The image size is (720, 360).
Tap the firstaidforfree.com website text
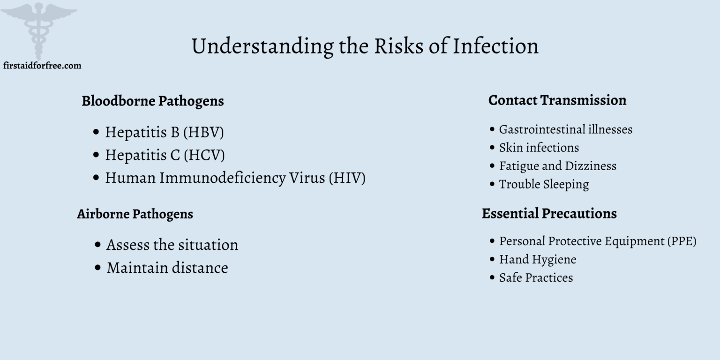click(42, 66)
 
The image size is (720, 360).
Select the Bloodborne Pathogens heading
click(153, 101)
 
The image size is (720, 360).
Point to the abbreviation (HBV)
click(203, 132)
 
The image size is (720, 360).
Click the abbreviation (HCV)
click(204, 155)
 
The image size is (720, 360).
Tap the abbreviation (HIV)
click(347, 178)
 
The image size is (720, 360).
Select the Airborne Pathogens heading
click(135, 214)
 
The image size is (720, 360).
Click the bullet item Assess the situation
click(172, 245)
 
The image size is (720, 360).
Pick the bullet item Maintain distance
click(167, 268)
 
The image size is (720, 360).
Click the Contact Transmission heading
click(557, 100)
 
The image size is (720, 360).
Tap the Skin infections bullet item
click(539, 148)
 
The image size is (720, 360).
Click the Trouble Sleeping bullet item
click(544, 184)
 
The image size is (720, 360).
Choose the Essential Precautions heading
click(549, 213)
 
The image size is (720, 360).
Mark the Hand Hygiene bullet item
click(538, 259)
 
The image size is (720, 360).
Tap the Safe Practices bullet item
click(536, 277)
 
